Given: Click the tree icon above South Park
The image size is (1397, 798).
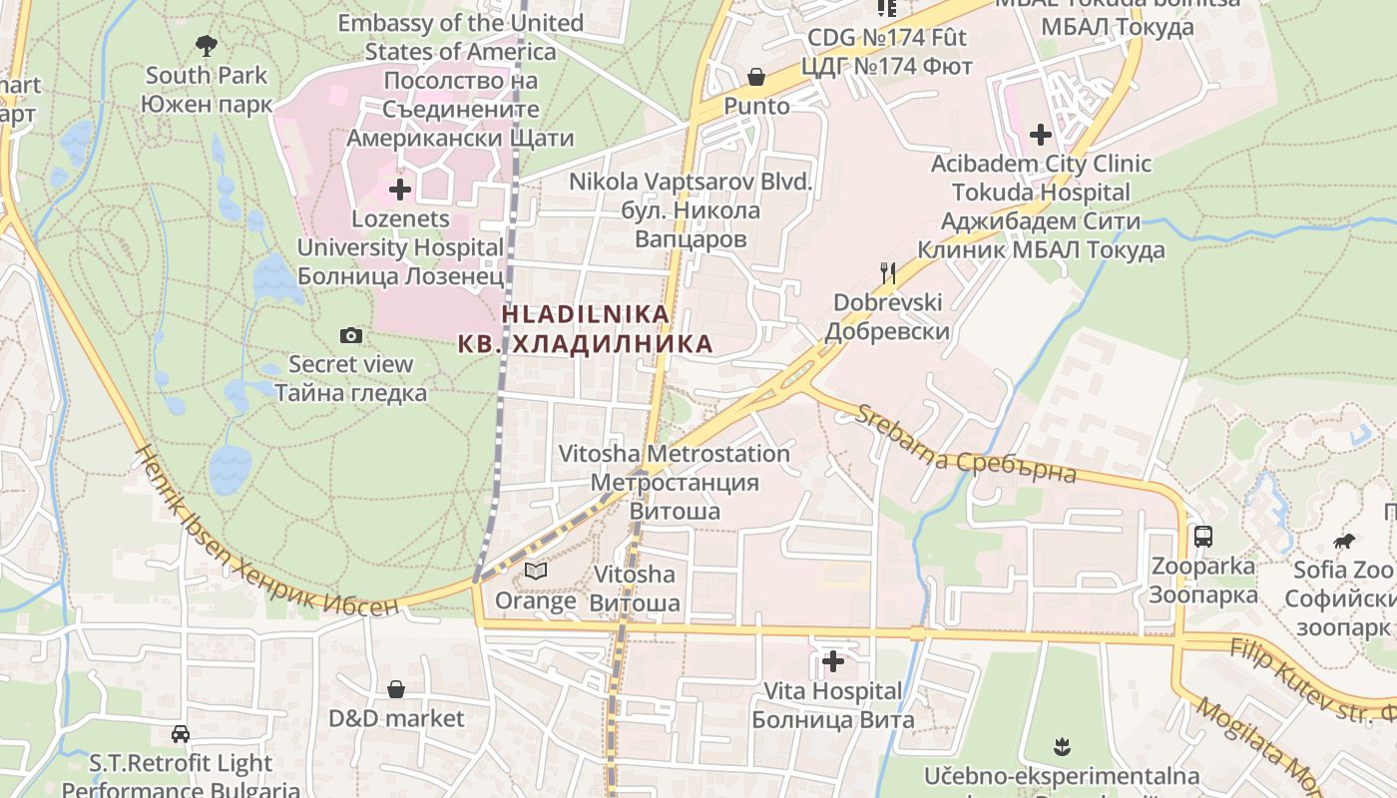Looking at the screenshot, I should [x=206, y=45].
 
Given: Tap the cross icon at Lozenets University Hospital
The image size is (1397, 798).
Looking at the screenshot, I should [x=400, y=189].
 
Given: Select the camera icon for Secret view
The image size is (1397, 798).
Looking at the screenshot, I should [x=350, y=335].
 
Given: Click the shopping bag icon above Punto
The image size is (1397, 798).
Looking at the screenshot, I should [x=756, y=77].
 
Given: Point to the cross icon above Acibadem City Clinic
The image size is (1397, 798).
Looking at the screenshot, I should [x=1041, y=134].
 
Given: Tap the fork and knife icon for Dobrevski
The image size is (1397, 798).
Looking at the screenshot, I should [x=887, y=272].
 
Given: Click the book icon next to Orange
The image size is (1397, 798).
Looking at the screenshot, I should [x=536, y=572].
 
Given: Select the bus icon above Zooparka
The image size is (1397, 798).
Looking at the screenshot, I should [x=1202, y=537].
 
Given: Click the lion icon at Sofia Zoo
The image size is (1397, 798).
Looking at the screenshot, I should [x=1343, y=542].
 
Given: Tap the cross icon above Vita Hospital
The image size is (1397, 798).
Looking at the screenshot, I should [x=832, y=660].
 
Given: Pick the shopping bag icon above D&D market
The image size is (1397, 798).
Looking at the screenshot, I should [x=396, y=689].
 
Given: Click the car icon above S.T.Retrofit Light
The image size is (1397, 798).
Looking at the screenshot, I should [x=181, y=734].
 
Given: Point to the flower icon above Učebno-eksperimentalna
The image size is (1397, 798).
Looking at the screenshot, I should [x=1061, y=746].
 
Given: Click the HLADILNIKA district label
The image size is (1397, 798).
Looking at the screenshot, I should [x=585, y=313].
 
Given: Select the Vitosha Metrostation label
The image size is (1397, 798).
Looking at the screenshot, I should [x=675, y=454].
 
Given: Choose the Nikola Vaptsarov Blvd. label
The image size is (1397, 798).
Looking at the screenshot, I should [x=691, y=183].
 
